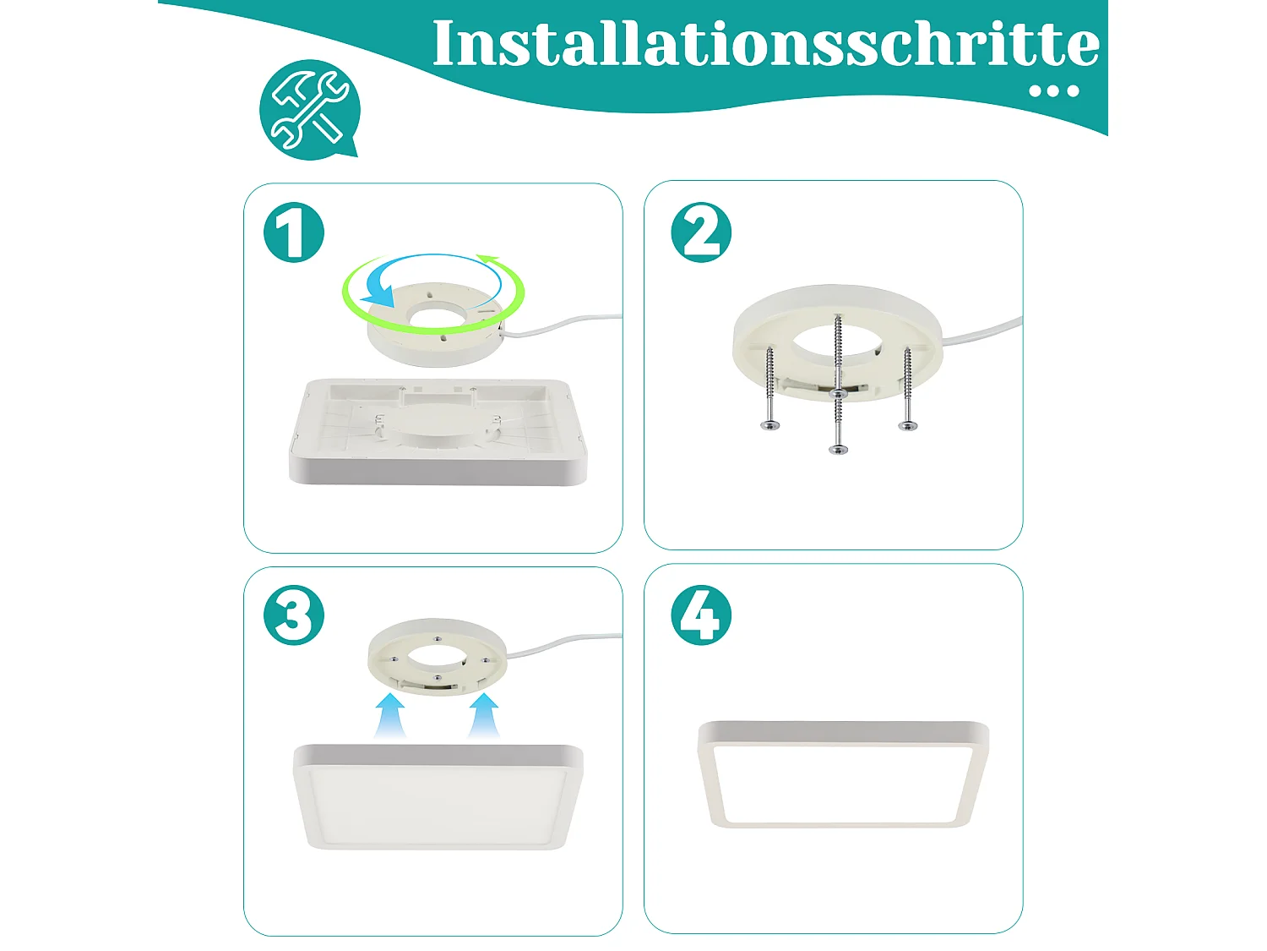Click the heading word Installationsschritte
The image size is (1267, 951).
[x=764, y=44]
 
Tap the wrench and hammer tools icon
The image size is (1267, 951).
[x=309, y=109]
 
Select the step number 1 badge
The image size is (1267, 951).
[x=294, y=232]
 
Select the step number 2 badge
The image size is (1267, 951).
[x=701, y=232]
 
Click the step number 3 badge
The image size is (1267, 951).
[x=294, y=615]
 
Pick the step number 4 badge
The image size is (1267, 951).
[x=701, y=615]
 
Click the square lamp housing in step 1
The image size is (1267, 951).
[x=438, y=435]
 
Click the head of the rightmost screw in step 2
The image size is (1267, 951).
[x=907, y=425]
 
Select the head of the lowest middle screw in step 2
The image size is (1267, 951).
[x=838, y=449]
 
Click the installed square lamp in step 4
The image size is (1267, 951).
[x=842, y=773]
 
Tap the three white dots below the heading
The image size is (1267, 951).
[x=1054, y=91]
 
